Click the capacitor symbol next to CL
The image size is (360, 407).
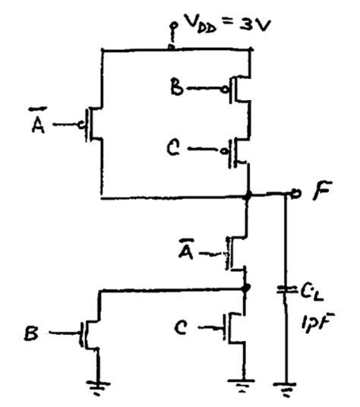[x=285, y=289]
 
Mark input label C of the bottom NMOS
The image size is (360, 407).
[x=182, y=329]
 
